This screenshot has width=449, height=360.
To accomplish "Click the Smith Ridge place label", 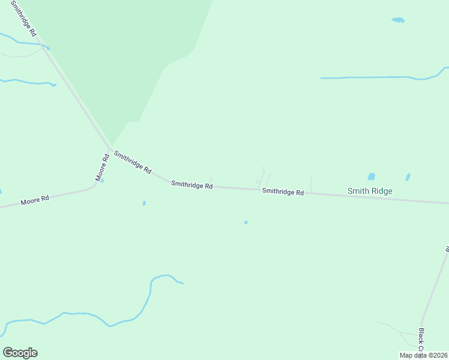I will (370, 191).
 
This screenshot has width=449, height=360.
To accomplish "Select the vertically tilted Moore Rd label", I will (101, 168).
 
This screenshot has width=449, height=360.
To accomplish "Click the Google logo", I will (20, 353).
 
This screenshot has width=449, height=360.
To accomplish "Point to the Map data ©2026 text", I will (423, 355).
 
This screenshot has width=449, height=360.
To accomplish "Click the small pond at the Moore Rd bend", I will (101, 180).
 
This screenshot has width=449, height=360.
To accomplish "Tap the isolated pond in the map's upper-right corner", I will (398, 20).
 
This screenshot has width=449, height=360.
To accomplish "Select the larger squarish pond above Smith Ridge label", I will (371, 176).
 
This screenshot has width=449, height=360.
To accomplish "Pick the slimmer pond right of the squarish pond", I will (408, 177).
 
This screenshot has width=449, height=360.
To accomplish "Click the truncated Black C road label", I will (421, 340).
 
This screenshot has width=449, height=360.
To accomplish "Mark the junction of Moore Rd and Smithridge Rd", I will (110, 149).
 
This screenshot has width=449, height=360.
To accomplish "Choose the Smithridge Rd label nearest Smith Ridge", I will (283, 192).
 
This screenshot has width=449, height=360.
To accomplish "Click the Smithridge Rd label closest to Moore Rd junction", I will (132, 161).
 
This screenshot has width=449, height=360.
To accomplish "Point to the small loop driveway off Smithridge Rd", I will (259, 182).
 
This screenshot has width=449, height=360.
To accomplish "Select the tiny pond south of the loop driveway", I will (246, 223).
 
